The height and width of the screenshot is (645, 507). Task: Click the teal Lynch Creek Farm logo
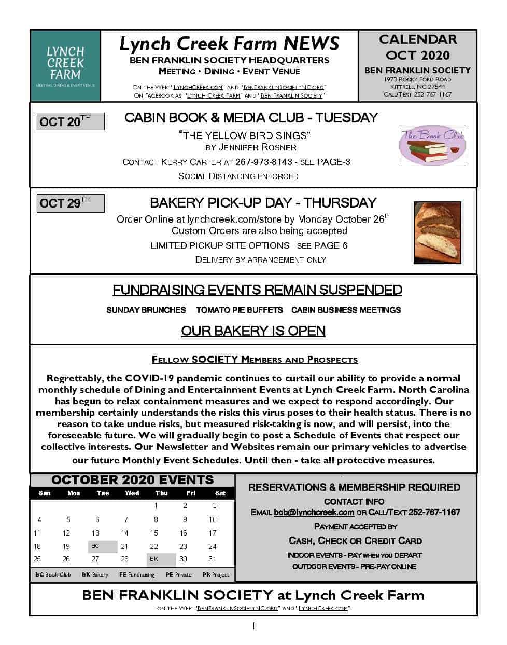[65, 65]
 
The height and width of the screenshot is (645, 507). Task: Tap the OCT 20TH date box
[71, 121]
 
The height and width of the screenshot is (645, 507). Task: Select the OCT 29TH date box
[71, 203]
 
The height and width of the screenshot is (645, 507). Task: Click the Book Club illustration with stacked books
[432, 145]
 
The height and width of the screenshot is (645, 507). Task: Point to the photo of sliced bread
[437, 232]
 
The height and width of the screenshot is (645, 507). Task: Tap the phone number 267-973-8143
[263, 162]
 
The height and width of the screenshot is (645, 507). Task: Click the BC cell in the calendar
[102, 546]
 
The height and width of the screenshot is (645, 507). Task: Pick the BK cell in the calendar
[161, 559]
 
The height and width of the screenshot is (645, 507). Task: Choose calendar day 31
[213, 559]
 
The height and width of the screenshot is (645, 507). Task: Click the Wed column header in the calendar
[132, 493]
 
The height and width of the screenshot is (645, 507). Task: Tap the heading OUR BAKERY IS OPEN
[253, 331]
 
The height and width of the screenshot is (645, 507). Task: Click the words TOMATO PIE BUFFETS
[240, 310]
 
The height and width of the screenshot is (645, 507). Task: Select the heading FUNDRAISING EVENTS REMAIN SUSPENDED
[257, 290]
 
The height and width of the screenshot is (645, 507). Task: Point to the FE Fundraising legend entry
[137, 574]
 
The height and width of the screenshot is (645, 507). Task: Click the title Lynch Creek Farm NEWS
[229, 43]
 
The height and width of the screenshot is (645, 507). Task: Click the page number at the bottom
[253, 626]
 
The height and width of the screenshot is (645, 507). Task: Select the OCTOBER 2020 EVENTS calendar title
[133, 480]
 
